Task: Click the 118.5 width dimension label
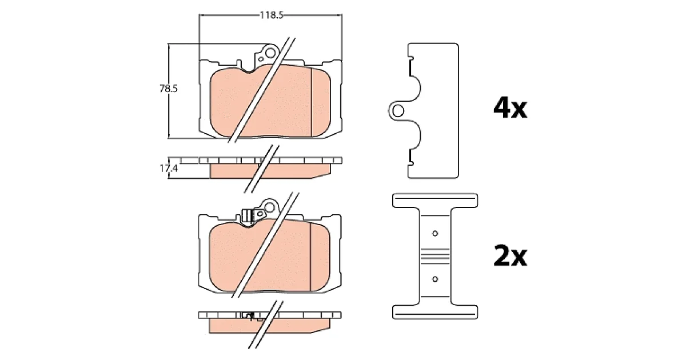(272, 15)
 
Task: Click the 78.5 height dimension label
(169, 89)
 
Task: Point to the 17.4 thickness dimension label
(169, 168)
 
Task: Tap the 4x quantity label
(510, 109)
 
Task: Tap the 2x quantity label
(510, 255)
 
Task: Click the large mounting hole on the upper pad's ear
(270, 53)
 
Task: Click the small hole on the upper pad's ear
(261, 59)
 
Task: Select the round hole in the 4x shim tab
(398, 111)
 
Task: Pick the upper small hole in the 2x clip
(435, 234)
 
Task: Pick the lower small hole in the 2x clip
(435, 279)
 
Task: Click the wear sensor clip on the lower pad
(248, 215)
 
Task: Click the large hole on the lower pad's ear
(269, 207)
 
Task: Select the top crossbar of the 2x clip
(435, 201)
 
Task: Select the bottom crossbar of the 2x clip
(435, 312)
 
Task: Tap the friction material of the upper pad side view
(270, 171)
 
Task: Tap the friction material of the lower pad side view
(269, 326)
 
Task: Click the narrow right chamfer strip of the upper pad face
(321, 102)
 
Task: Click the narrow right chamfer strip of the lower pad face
(320, 257)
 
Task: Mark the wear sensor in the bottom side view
(249, 316)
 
